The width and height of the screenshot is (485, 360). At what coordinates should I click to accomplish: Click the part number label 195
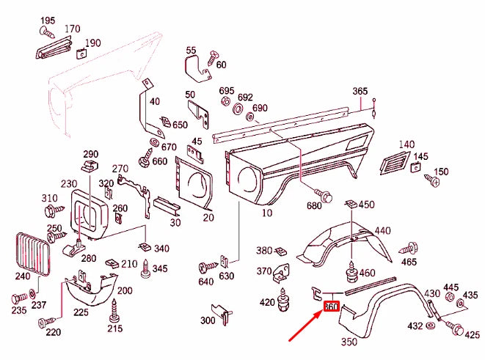[47, 20]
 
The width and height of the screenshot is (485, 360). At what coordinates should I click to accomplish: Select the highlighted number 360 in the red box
[332, 307]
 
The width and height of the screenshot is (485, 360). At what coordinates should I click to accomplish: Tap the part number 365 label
[360, 92]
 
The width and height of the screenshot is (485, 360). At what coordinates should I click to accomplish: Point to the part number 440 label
[383, 232]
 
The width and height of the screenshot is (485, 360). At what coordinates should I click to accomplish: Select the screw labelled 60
[214, 56]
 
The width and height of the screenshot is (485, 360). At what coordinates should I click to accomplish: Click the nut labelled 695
[225, 100]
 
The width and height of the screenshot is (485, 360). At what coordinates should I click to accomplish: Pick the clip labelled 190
[79, 51]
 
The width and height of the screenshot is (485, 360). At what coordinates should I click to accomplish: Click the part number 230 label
[68, 184]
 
